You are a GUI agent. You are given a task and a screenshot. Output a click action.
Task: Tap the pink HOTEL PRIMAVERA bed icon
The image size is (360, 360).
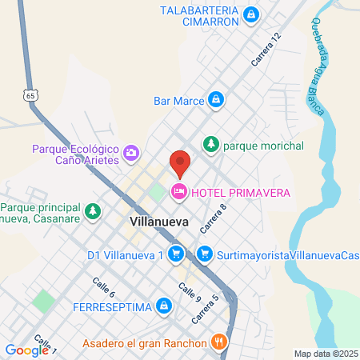tap(178, 191)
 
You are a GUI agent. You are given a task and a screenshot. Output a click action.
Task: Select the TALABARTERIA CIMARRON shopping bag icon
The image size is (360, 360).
tap(252, 14)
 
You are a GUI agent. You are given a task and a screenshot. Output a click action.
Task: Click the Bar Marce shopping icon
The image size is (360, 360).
tap(214, 100)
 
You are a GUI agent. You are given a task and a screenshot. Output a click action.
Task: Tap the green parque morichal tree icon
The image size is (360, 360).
tap(211, 145)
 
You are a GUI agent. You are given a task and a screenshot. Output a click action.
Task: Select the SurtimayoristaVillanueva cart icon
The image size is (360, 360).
tap(205, 254)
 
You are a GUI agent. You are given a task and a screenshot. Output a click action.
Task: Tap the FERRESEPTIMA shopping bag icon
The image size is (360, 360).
tap(163, 306)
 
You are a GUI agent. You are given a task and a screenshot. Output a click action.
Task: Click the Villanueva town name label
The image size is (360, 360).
tap(158, 218)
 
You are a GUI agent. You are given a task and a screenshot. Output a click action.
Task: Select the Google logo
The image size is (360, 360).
tap(26, 350)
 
